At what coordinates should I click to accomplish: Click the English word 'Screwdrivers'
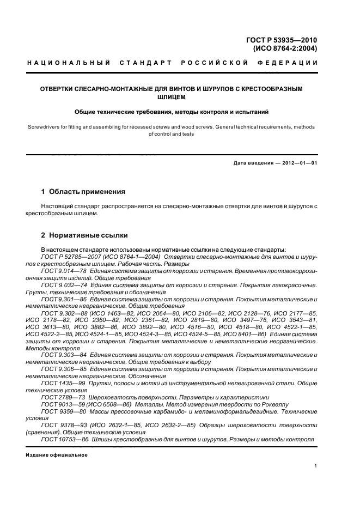pos(43,127)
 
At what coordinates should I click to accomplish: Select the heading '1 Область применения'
pos(83,192)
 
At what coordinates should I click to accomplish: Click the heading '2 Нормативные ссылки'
pos(84,235)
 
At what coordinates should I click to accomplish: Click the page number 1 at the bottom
pos(316,466)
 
